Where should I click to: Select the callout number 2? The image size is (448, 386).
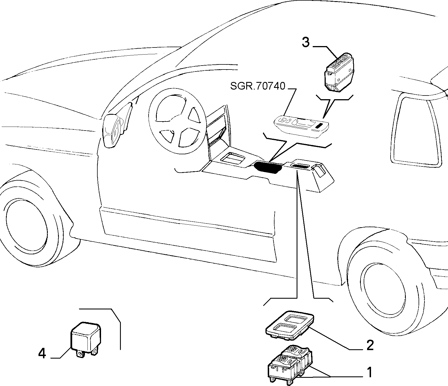tap(370, 345)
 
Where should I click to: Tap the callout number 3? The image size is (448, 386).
tap(306, 42)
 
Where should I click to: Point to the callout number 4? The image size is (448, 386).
tap(42, 353)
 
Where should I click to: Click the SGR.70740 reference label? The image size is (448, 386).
tap(258, 86)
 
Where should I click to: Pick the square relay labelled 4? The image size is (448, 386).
tap(85, 339)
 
